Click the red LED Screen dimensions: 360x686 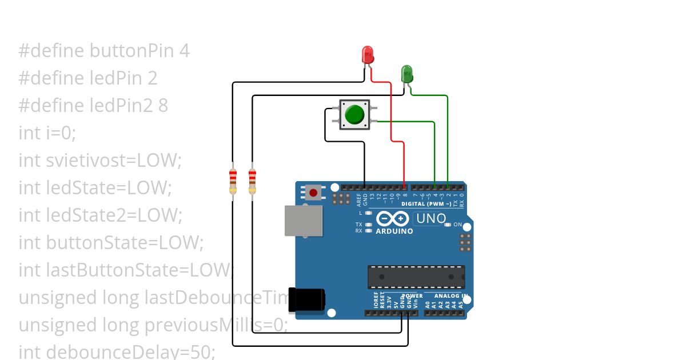coord(368,55)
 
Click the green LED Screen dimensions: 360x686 coord(406,74)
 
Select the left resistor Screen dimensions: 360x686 coord(233,181)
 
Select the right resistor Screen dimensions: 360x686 coord(252,181)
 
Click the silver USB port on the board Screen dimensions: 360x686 coord(304,221)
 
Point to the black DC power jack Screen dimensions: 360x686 coord(306,300)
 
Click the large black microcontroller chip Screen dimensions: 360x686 coord(416,277)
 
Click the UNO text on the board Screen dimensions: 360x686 coord(430,218)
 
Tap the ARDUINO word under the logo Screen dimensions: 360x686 coord(394,231)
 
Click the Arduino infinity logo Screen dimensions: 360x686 coord(392,218)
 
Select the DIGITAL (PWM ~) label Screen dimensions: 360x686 coord(424,203)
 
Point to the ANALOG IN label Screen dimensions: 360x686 coord(451,296)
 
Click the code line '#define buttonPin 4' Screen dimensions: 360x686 coord(104,51)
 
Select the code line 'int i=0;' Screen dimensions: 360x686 coord(47,133)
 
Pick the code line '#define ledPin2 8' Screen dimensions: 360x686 coord(93,106)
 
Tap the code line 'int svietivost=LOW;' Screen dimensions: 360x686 coord(100,161)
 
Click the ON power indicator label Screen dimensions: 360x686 coord(457,225)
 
